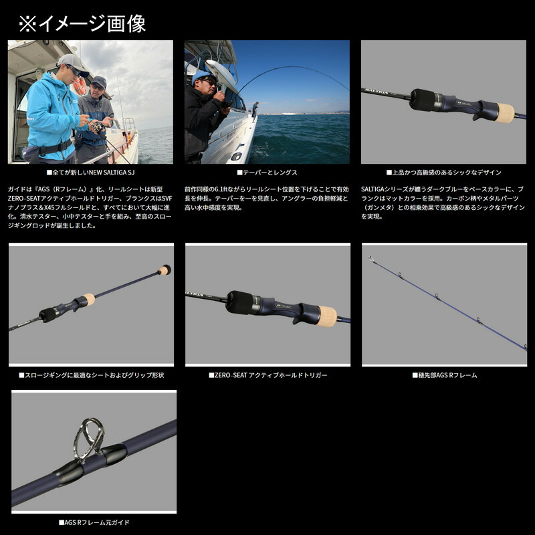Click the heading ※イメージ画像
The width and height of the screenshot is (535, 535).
(82, 24)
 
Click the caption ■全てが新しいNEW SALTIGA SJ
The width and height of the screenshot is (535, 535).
(91, 173)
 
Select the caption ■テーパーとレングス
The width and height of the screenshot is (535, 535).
(267, 173)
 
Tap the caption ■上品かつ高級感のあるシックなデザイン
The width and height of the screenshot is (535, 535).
(444, 173)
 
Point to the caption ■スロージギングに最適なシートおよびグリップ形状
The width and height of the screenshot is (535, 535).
(91, 376)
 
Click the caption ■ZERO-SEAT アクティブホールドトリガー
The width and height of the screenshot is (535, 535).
(267, 376)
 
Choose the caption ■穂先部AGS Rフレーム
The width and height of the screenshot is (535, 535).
(444, 376)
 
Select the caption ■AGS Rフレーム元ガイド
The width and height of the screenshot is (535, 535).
(94, 522)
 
